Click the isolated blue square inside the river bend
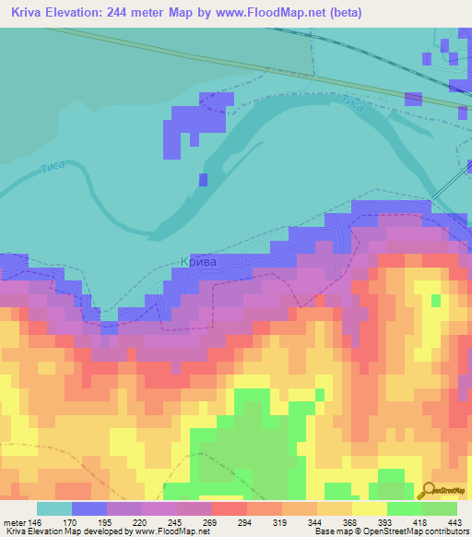click(203, 179)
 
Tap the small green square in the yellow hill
click(435, 301)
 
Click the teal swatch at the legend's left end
click(54, 507)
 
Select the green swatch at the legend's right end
click(440, 507)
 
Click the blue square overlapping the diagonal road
click(412, 98)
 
